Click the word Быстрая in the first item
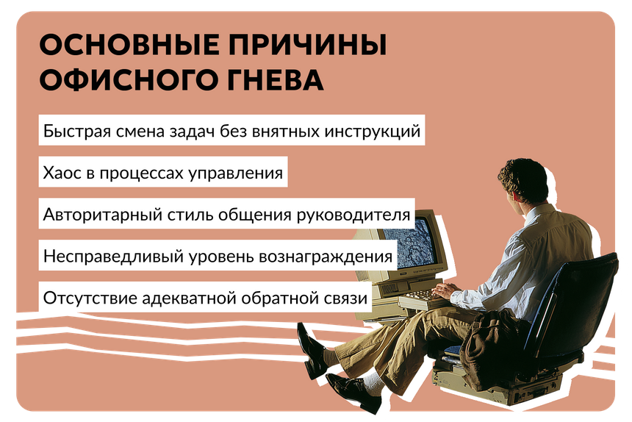77,131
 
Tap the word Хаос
62,173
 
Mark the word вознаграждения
326,257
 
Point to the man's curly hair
523,179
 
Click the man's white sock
373,382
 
